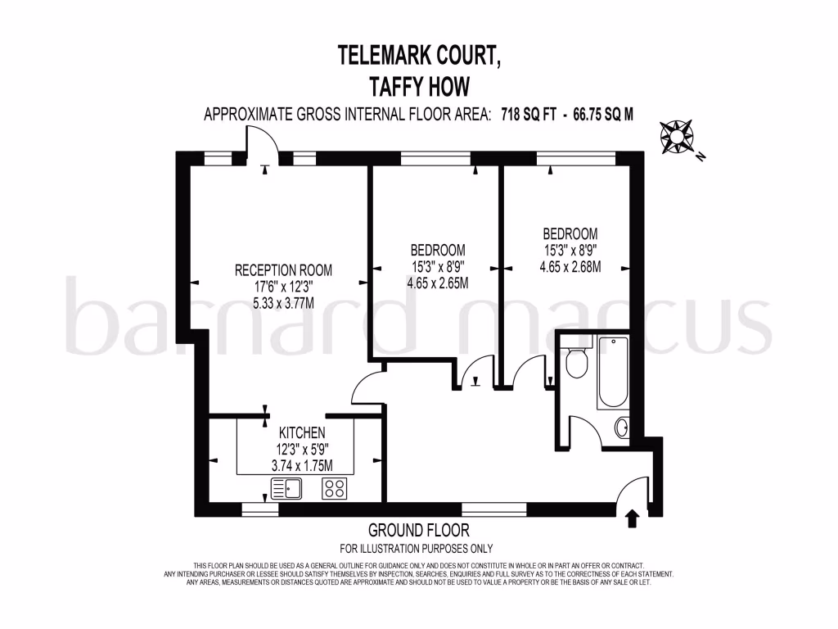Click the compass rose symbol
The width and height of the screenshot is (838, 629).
(676, 137)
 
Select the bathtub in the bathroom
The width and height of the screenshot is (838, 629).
(612, 372)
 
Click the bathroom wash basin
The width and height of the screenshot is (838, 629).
(622, 427)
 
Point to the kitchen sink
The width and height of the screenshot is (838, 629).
(286, 489)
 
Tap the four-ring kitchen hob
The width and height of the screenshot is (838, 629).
(333, 489)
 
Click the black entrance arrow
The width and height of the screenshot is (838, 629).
(631, 518)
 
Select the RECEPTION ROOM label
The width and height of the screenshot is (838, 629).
(284, 270)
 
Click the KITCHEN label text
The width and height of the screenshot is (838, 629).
(303, 432)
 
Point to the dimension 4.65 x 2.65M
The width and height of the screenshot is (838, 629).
(438, 284)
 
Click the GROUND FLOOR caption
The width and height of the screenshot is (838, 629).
(418, 531)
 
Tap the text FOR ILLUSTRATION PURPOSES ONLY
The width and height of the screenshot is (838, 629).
(417, 549)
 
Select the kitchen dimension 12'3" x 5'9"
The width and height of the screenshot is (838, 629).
(303, 449)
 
